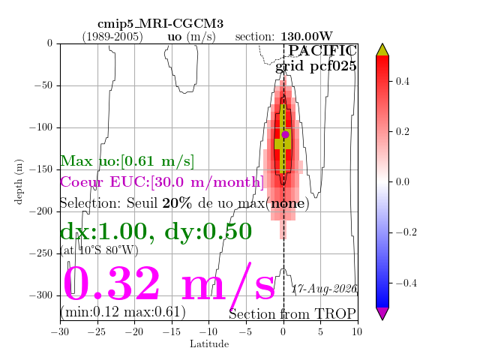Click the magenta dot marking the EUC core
[x=285, y=134]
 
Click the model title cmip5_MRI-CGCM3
[x=160, y=24]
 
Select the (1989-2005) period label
[x=112, y=37]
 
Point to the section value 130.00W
[x=307, y=37]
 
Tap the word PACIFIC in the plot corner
[x=322, y=51]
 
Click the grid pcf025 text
[x=316, y=66]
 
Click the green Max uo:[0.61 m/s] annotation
[x=127, y=161]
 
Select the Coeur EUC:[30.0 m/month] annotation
[x=162, y=181]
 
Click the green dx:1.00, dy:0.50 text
[x=156, y=232]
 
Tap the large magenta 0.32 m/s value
[x=169, y=284]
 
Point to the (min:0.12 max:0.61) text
[x=123, y=312]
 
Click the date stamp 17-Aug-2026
[x=324, y=289]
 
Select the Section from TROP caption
[x=292, y=314]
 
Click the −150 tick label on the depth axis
[x=40, y=169]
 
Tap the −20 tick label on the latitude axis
[x=134, y=331]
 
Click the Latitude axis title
[x=209, y=343]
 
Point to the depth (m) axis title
[x=19, y=181]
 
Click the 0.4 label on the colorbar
[x=402, y=82]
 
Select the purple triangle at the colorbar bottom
[x=382, y=313]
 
